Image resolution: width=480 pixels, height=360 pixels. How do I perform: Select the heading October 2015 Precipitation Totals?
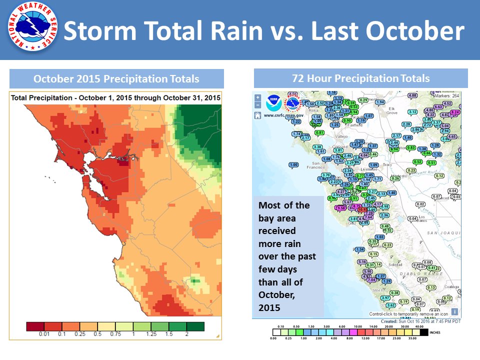click(116, 79)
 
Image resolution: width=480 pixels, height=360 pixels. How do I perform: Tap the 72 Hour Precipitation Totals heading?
click(360, 78)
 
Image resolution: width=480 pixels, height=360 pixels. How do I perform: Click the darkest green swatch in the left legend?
click(196, 326)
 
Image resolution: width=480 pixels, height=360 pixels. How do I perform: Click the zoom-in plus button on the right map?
click(257, 98)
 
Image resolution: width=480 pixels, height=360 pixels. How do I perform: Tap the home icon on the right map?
click(257, 115)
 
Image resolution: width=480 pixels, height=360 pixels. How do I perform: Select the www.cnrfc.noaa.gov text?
click(281, 114)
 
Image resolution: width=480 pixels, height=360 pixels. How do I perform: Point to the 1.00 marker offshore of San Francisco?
click(293, 164)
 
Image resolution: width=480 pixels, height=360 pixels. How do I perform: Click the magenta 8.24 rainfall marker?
click(455, 112)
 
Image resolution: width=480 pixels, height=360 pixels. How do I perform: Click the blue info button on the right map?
click(454, 311)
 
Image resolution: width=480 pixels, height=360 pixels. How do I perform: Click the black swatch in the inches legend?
click(424, 331)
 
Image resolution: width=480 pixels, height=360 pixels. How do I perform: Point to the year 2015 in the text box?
click(269, 306)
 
